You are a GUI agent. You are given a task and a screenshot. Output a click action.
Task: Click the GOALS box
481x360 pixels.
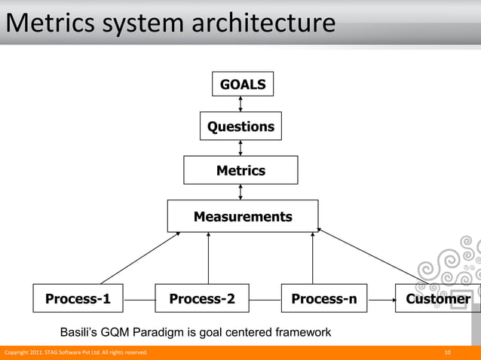[x=242, y=84]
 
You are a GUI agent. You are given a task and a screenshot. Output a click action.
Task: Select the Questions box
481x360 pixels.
[x=240, y=127]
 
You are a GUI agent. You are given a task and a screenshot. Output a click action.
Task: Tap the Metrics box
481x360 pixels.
[x=240, y=170]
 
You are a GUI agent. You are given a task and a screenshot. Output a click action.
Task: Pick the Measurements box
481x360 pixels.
[x=242, y=216]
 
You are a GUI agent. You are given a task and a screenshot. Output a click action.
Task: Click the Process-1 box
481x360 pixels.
[x=78, y=299]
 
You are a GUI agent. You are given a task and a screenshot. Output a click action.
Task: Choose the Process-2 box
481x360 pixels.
[x=202, y=299]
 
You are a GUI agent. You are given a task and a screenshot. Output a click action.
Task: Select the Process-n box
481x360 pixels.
[x=324, y=299]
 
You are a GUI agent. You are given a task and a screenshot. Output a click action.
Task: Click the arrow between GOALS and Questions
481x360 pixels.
[x=240, y=105]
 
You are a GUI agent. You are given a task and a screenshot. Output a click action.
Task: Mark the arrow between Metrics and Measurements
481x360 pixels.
[x=240, y=192]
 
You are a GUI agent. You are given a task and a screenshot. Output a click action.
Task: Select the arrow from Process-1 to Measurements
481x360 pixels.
[x=140, y=258]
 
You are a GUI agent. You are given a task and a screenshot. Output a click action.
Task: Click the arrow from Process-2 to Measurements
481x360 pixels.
[x=208, y=258]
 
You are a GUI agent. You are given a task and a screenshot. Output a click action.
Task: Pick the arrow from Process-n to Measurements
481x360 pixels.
[x=312, y=258]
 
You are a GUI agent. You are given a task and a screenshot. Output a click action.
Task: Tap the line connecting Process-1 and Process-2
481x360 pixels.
[x=139, y=300]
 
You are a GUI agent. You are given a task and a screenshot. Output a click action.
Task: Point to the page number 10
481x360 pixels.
[x=448, y=352]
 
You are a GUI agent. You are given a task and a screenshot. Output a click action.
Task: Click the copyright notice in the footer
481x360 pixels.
[x=76, y=352]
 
